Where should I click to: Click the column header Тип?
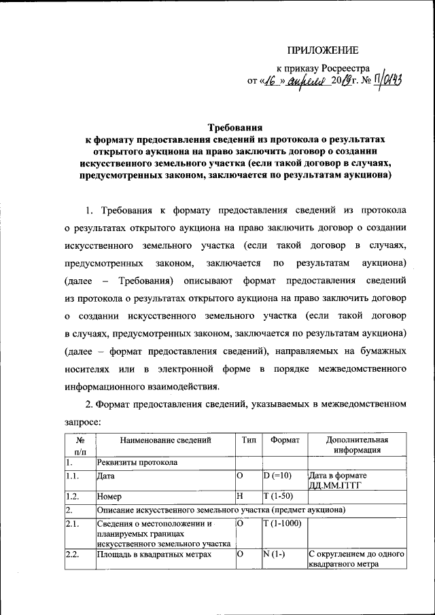[x=248, y=440]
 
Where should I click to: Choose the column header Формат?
[x=284, y=440]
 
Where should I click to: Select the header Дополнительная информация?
[x=356, y=444]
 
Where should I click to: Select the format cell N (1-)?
[x=275, y=555]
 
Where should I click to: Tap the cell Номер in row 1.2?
[x=110, y=497]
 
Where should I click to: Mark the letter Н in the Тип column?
[x=240, y=497]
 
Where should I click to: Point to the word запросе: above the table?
[x=83, y=421]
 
